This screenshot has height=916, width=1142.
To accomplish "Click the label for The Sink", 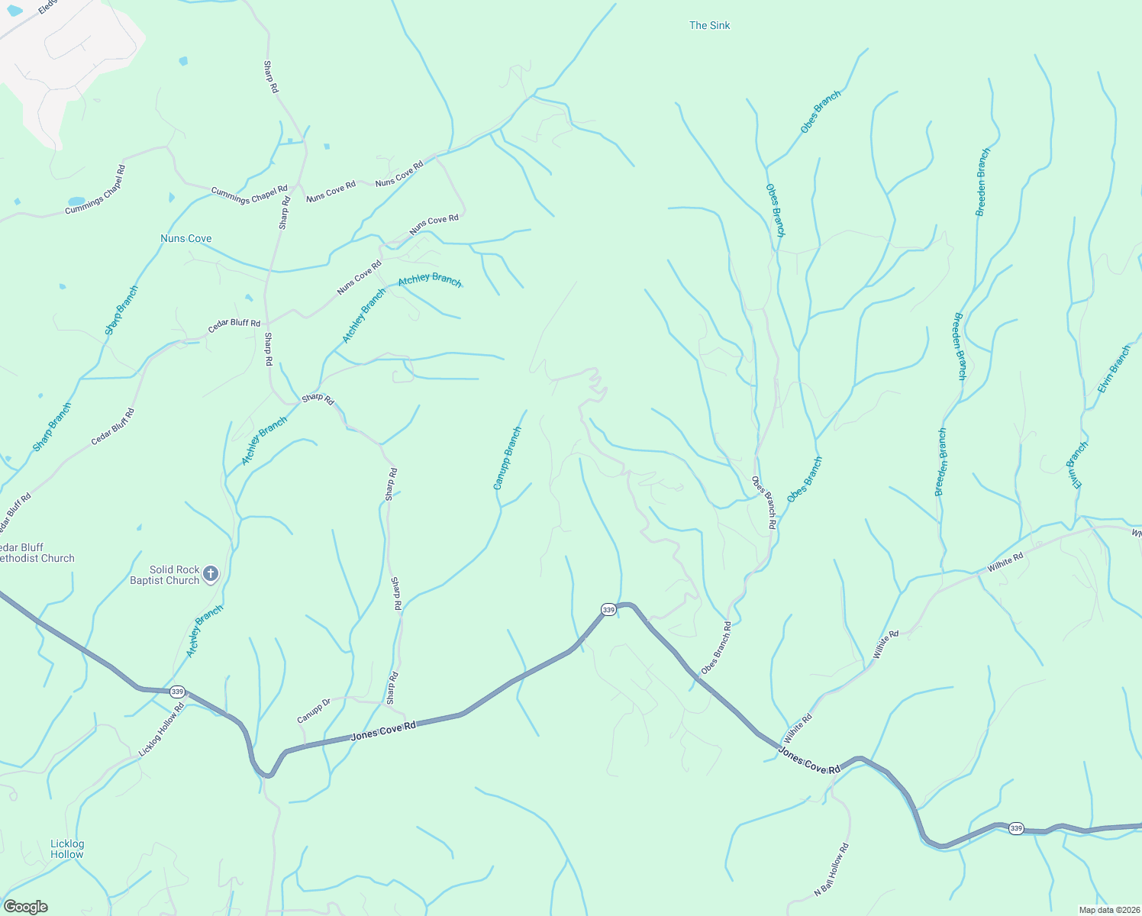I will pos(709,25).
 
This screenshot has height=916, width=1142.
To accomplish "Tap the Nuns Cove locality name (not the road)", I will pos(185,238).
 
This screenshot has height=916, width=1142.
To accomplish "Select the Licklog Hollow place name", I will pos(67,849).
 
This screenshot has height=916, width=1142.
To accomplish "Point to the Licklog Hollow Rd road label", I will pos(161,730).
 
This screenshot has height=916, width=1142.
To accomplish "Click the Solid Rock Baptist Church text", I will pos(164,575).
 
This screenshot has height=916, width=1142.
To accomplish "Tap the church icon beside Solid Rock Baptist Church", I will pos(211,574).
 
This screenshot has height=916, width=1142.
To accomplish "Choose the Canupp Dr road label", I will pos(314,711).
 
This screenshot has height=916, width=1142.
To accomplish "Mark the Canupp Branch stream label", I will pos(507,458).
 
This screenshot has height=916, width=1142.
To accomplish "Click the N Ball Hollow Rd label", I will pos(831,869).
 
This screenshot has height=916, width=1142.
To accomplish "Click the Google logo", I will pos(25,907).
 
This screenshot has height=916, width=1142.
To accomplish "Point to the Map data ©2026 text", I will pos(1108,910).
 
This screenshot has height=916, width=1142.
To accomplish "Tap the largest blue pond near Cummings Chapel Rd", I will pos(76,202).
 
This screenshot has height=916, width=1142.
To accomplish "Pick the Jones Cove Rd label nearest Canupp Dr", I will pos(383,731).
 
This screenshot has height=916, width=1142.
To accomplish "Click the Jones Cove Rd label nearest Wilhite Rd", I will pos(809,761).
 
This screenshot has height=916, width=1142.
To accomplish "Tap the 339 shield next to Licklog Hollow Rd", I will pos(177,692).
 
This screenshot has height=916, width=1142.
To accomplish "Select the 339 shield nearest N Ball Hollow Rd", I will pos(1015,828).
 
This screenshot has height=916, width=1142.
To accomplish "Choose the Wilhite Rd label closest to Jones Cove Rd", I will pos(798,728).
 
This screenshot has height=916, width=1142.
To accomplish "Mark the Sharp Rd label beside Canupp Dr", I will pos(392,688).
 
